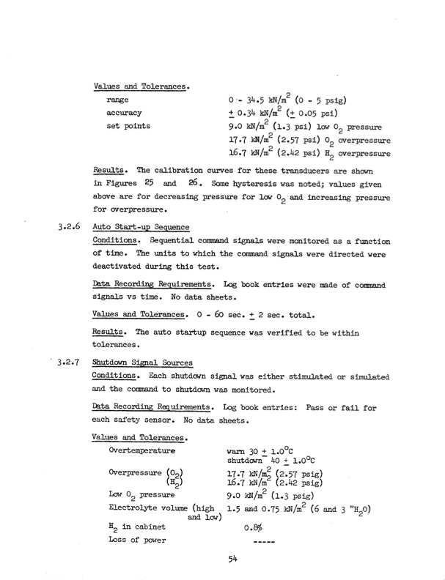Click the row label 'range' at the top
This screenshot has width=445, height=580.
pyautogui.click(x=118, y=99)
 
